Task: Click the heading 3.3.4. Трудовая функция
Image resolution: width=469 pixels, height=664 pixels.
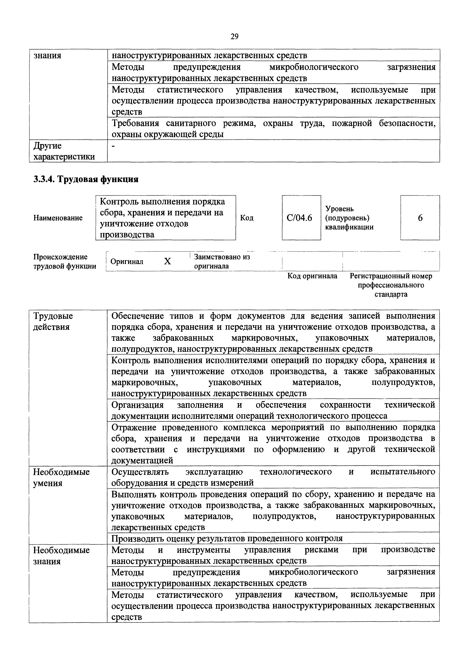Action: coord(86,179)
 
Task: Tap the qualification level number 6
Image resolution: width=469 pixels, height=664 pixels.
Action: coord(420,218)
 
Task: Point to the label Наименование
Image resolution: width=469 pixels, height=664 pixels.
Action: coord(58,218)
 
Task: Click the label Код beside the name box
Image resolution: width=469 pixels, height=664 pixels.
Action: coord(247,218)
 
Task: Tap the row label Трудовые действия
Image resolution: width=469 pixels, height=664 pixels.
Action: coord(53,321)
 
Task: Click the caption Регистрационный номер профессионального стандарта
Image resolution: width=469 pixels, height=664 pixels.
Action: coord(391,285)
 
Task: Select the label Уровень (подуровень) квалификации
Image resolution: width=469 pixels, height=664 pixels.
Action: coord(349,218)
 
